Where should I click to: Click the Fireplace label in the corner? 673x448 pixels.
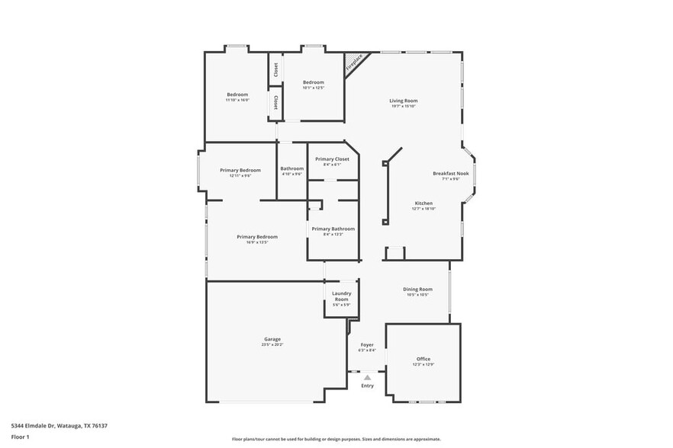point(355,64)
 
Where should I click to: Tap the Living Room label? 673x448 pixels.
point(404,101)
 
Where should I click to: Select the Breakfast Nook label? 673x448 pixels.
point(451,174)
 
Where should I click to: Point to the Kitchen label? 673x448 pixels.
point(423,203)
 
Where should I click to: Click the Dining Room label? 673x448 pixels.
point(417,289)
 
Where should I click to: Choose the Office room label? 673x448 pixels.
point(423,359)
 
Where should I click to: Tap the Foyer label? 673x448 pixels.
point(367,345)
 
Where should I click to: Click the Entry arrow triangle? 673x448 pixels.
point(367,377)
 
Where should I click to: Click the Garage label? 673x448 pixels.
point(272,339)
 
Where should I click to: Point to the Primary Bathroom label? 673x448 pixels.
point(333,229)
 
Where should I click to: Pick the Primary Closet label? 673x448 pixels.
point(332,158)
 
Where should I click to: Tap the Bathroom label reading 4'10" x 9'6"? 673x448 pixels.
point(292,168)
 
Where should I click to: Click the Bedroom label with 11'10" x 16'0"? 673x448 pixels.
point(237,94)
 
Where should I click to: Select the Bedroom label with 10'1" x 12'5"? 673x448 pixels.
point(314,82)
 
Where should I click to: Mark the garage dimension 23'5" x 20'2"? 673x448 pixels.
point(272,344)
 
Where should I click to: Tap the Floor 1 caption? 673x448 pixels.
point(20,437)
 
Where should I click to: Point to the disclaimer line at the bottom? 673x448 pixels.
point(336,440)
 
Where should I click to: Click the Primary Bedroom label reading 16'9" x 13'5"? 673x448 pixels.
point(256,237)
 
